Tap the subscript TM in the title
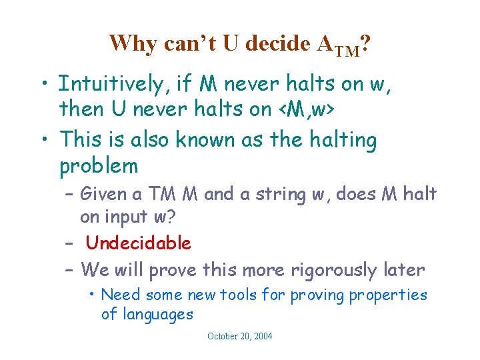pyautogui.click(x=347, y=49)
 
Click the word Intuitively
pyautogui.click(x=113, y=84)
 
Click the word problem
pyautogui.click(x=98, y=165)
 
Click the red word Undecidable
pyautogui.click(x=139, y=243)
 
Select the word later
pyautogui.click(x=402, y=269)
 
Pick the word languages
pyautogui.click(x=147, y=314)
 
